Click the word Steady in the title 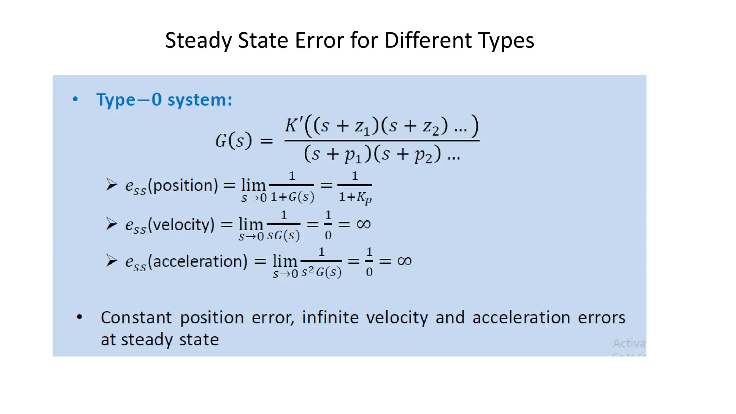coord(198,40)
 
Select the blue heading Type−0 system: coord(164,100)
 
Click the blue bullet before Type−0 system coord(75,99)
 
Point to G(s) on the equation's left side coord(233,141)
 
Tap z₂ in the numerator coord(431,126)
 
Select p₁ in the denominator coord(353,155)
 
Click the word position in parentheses coord(183,185)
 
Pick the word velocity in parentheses coord(181,225)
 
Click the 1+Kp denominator coord(355,197)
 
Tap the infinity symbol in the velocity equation coord(363,224)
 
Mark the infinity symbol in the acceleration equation coord(404,261)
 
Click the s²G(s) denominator coord(321,272)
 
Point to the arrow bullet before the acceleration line coord(111,261)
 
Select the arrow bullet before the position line coord(111,185)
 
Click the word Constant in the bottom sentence coord(136,318)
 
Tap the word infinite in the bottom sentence coord(330,318)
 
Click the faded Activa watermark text coord(629,343)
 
